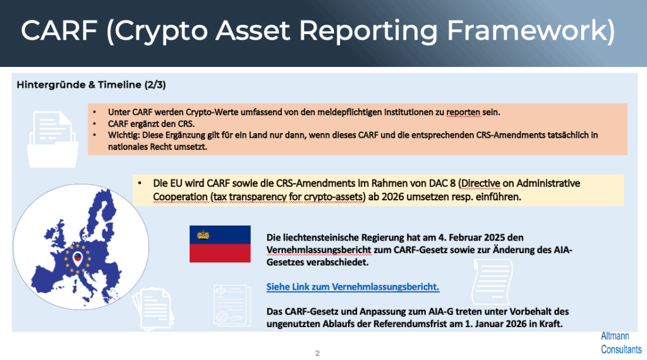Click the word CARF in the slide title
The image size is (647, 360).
coord(59,30)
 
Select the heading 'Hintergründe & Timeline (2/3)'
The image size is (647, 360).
coord(91,85)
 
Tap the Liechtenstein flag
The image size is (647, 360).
coord(220,244)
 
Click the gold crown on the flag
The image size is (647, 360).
coord(203,235)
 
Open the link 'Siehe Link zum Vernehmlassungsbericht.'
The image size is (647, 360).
coord(353,287)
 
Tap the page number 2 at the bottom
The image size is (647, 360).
coord(317,353)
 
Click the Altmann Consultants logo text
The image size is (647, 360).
coord(621,343)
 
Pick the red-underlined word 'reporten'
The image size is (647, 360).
coord(463,112)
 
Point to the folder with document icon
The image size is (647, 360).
coord(53,140)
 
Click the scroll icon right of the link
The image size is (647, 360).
coord(492,282)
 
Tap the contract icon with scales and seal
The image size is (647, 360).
coord(232,306)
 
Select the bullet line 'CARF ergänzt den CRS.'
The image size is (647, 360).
coord(152,124)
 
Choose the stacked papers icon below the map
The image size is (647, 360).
coord(153,309)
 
